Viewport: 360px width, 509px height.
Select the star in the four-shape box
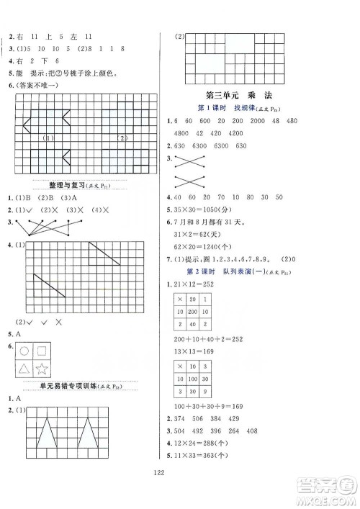click(41, 370)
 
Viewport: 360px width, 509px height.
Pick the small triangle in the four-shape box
click(24, 370)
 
